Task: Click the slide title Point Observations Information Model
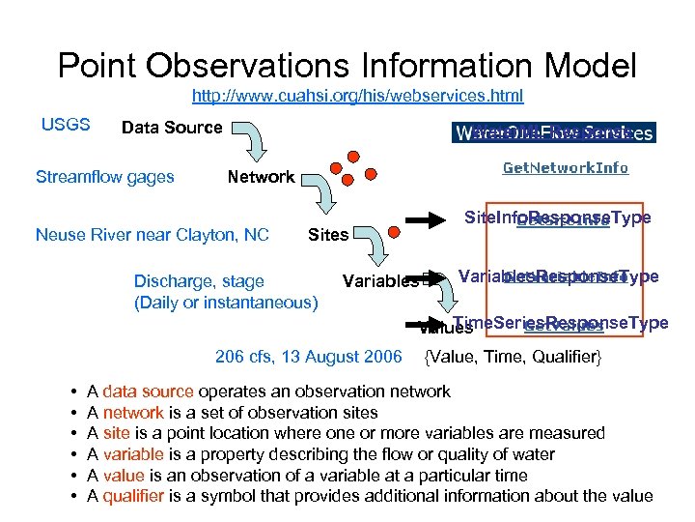click(x=347, y=66)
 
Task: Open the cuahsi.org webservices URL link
click(x=357, y=96)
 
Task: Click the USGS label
click(x=66, y=125)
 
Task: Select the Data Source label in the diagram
click(x=171, y=128)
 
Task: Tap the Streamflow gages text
click(x=104, y=177)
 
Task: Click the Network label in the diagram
click(x=260, y=177)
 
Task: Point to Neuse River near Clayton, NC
click(x=152, y=235)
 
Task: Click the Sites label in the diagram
click(x=327, y=235)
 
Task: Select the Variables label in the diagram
click(x=380, y=281)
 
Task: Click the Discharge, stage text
click(x=199, y=281)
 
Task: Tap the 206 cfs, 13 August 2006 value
click(x=308, y=357)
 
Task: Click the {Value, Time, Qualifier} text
click(x=513, y=358)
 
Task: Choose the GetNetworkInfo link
click(x=565, y=168)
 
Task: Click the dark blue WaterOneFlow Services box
click(x=552, y=132)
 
